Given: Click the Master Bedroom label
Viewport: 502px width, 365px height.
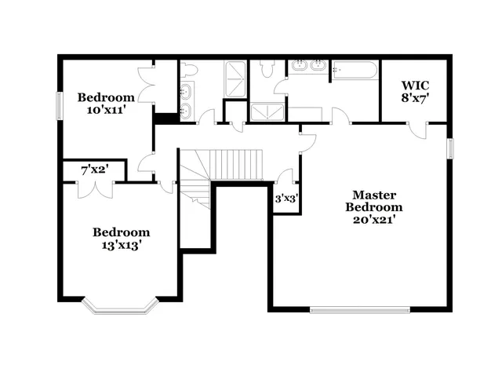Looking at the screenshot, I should [x=374, y=201].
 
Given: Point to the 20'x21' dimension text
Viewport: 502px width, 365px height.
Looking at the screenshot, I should [x=374, y=221].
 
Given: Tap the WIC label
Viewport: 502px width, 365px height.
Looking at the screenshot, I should [x=415, y=84].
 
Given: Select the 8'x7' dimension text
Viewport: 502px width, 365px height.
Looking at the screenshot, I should [x=415, y=98].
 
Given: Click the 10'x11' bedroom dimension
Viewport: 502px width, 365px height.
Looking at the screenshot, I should [x=106, y=111].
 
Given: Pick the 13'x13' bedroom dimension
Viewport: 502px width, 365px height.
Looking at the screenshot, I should [x=121, y=246].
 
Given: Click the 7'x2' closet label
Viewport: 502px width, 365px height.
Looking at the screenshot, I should [x=95, y=170].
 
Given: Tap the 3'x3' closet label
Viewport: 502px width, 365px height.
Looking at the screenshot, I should [x=285, y=199].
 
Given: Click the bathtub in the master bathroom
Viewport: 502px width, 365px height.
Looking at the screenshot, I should [x=354, y=71].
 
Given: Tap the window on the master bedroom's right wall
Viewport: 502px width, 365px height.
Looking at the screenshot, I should [x=450, y=150].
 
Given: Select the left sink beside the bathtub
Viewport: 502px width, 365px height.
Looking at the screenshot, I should [x=300, y=66].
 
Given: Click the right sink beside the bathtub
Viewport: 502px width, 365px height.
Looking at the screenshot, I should [x=318, y=66].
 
